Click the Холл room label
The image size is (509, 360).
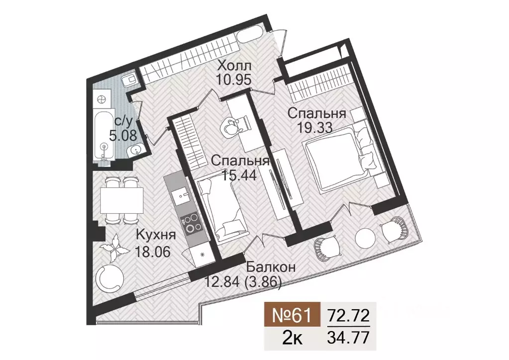[234, 66]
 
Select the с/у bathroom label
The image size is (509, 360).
[122, 120]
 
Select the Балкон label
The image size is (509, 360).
[270, 268]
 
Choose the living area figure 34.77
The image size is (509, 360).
[348, 339]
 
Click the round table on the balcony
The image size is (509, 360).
[365, 237]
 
